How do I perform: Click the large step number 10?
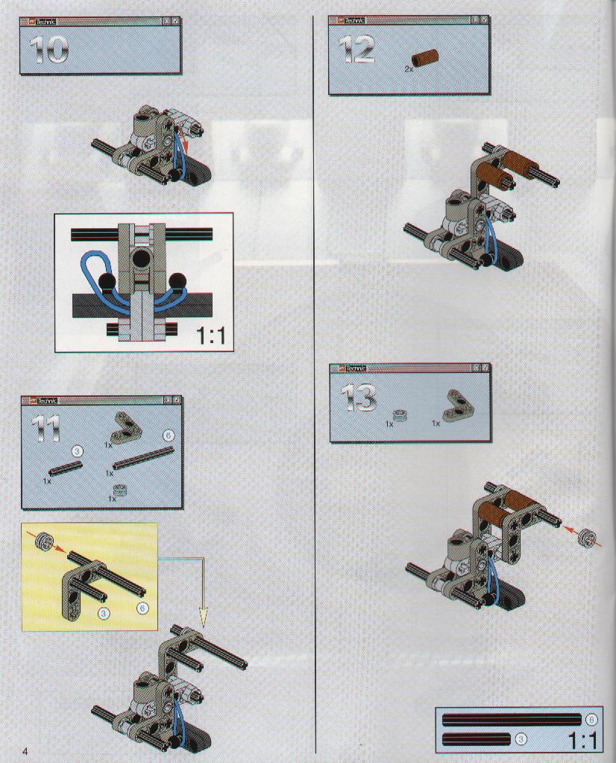click(x=48, y=50)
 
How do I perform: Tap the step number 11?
click(x=45, y=429)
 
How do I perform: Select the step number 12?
click(x=356, y=50)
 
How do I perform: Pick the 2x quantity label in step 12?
click(x=409, y=69)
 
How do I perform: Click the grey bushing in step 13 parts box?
click(x=399, y=416)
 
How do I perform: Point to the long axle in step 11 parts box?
click(x=143, y=457)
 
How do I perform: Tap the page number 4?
click(x=25, y=750)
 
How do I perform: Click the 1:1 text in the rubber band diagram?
click(x=211, y=336)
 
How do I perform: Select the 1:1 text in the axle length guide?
click(x=582, y=741)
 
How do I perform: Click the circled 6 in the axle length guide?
click(x=591, y=720)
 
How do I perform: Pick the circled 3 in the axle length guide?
click(x=521, y=740)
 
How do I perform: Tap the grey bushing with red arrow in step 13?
click(x=586, y=537)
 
